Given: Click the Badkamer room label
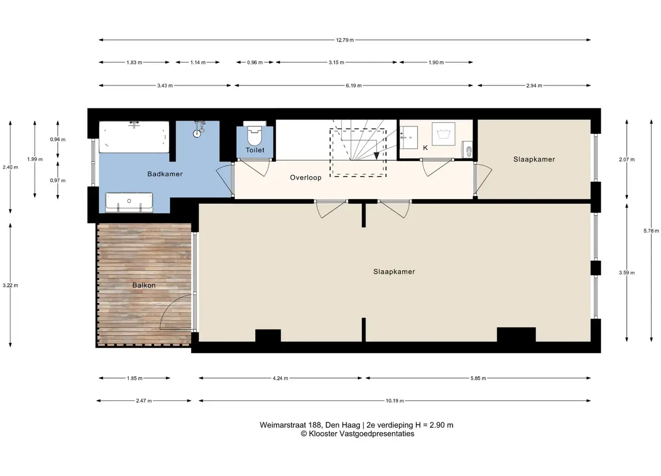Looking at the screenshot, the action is pos(165,174).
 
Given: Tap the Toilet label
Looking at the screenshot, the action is pos(255,150).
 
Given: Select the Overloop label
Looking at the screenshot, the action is pos(305,178).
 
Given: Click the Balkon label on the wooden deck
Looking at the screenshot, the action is pos(144,285).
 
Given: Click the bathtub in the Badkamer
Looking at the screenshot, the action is pos(134,137).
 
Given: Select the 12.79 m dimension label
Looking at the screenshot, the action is pos(345,40).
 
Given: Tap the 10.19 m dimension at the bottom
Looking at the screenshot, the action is pos(394,400).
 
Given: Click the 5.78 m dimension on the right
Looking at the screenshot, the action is pos(651,230).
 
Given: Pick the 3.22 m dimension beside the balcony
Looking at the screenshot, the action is pos(10,285).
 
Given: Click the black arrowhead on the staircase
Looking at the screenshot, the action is pos(376,156).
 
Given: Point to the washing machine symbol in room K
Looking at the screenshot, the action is pos(443,134).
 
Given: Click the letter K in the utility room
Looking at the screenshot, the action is pos(425,148).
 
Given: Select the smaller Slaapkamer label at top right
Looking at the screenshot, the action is pos(534,159).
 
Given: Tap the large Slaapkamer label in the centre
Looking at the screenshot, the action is pos(394,272).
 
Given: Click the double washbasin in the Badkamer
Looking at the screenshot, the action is pos(129,203).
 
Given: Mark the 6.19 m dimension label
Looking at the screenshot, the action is pos(354,85).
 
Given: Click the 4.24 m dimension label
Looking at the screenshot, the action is pos(281,378).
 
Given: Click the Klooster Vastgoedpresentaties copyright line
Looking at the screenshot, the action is pos(357,434).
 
